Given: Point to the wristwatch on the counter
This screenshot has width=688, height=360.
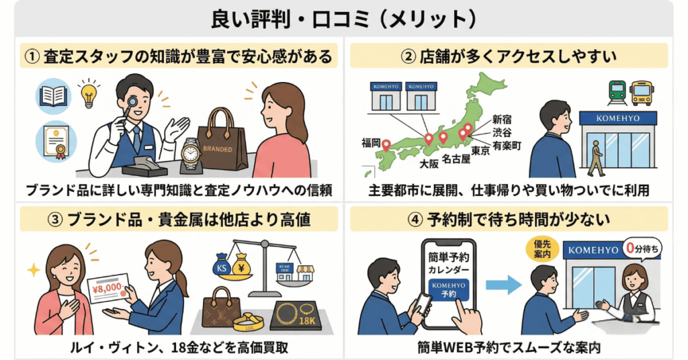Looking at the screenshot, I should click(x=191, y=154).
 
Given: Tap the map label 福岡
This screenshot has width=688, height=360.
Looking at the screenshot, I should click(x=371, y=142).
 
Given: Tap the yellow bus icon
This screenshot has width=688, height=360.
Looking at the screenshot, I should click(x=642, y=91).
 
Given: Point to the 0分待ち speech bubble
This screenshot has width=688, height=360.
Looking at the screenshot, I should click(x=640, y=249).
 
